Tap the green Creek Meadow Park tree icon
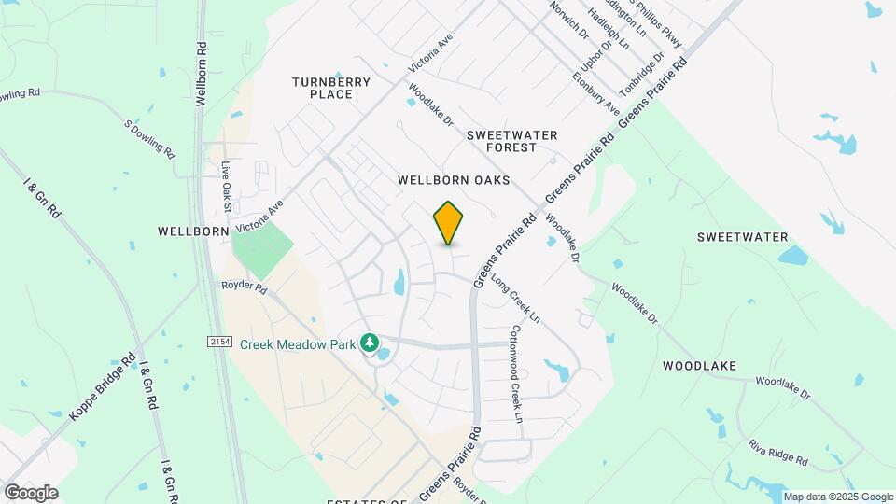(370, 344)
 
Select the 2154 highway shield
(218, 343)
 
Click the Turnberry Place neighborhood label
(331, 88)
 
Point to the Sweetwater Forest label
(512, 141)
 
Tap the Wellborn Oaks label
(454, 179)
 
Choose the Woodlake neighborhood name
(700, 366)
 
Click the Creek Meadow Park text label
(298, 344)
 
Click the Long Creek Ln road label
(516, 300)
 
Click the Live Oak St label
(226, 184)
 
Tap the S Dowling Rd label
(149, 139)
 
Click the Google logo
(31, 492)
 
